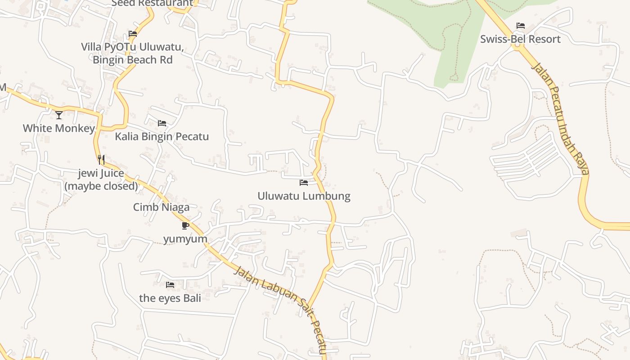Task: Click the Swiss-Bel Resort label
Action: [x=520, y=39]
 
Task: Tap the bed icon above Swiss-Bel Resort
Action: [x=521, y=26]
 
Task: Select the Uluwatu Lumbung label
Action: [x=304, y=196]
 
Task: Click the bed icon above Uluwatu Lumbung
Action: [x=304, y=183]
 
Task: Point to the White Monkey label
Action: [x=59, y=128]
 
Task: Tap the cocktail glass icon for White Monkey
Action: [x=59, y=115]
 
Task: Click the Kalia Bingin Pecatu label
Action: [x=162, y=136]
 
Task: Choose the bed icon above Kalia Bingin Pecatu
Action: [x=162, y=123]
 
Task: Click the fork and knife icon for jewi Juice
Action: [x=101, y=160]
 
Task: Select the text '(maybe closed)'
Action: [x=101, y=186]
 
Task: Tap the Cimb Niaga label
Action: [x=161, y=207]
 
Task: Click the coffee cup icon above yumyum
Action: [x=185, y=225]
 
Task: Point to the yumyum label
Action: [x=185, y=239]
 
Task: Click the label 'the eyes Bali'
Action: [x=170, y=298]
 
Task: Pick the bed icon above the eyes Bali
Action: [x=170, y=285]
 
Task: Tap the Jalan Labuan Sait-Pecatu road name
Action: [x=281, y=308]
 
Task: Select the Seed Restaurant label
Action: [x=152, y=3]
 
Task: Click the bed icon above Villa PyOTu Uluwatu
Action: [x=132, y=34]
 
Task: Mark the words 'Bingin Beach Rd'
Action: [x=133, y=59]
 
